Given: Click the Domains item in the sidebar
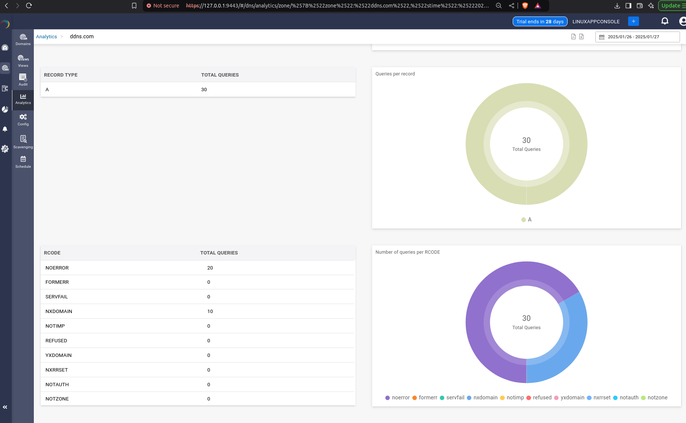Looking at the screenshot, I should (x=23, y=39).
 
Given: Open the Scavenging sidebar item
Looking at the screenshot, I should (x=23, y=142).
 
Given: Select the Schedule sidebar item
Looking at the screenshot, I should (x=23, y=162).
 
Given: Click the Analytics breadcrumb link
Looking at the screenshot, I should (x=47, y=37).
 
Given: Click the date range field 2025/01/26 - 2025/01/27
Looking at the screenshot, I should (x=637, y=37).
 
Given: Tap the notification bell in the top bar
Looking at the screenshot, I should (x=665, y=21).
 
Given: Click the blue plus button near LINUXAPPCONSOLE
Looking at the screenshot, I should (x=633, y=21).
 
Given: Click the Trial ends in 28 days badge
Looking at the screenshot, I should (x=540, y=21).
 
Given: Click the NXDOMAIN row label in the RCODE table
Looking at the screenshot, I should (x=59, y=312).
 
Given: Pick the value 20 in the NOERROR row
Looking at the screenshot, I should (x=210, y=268).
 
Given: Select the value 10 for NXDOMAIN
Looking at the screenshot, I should (x=210, y=312).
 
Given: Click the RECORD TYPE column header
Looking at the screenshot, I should (x=61, y=75).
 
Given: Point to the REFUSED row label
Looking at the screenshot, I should (x=56, y=341).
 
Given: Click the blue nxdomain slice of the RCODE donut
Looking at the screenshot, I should (x=571, y=338).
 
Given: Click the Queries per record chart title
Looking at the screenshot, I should (x=395, y=74).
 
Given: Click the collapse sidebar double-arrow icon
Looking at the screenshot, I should (x=5, y=407).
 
